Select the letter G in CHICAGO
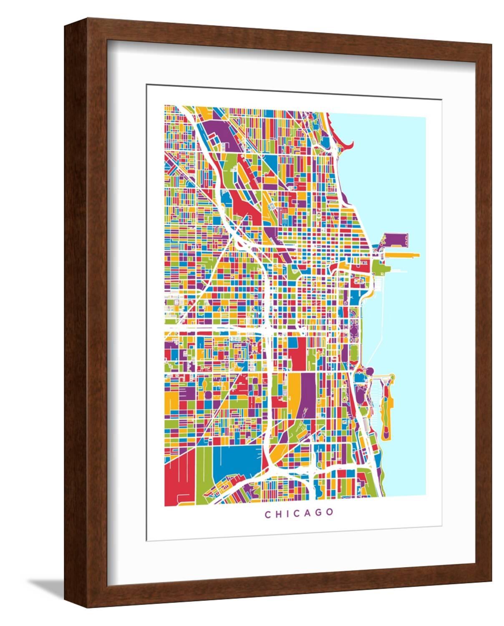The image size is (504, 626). [319, 513]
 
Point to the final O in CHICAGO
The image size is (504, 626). [330, 513]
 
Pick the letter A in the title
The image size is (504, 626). [308, 513]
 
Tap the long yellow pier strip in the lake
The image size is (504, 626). [398, 254]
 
